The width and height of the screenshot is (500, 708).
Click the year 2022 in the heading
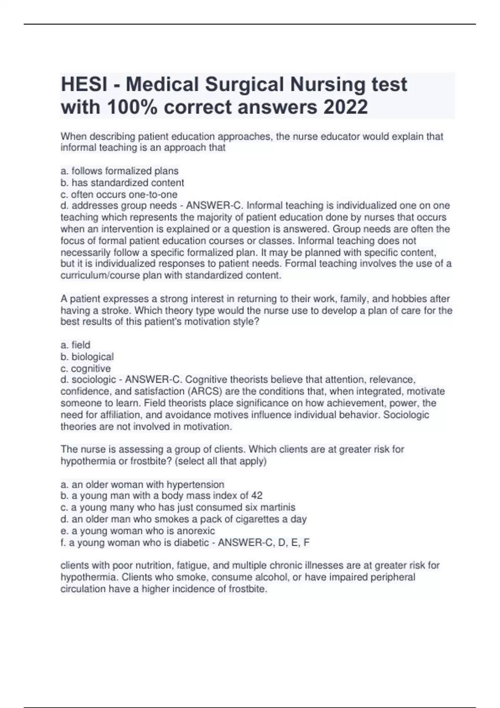(345, 107)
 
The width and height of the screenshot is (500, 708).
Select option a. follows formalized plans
(120, 171)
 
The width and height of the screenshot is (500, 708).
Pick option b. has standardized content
(122, 183)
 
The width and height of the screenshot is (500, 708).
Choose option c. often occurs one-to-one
(119, 194)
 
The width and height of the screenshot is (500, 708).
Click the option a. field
(75, 345)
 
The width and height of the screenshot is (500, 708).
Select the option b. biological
(87, 357)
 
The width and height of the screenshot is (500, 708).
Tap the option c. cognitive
(86, 369)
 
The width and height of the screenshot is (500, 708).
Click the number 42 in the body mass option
(257, 496)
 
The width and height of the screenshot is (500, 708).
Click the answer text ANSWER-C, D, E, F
(264, 543)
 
